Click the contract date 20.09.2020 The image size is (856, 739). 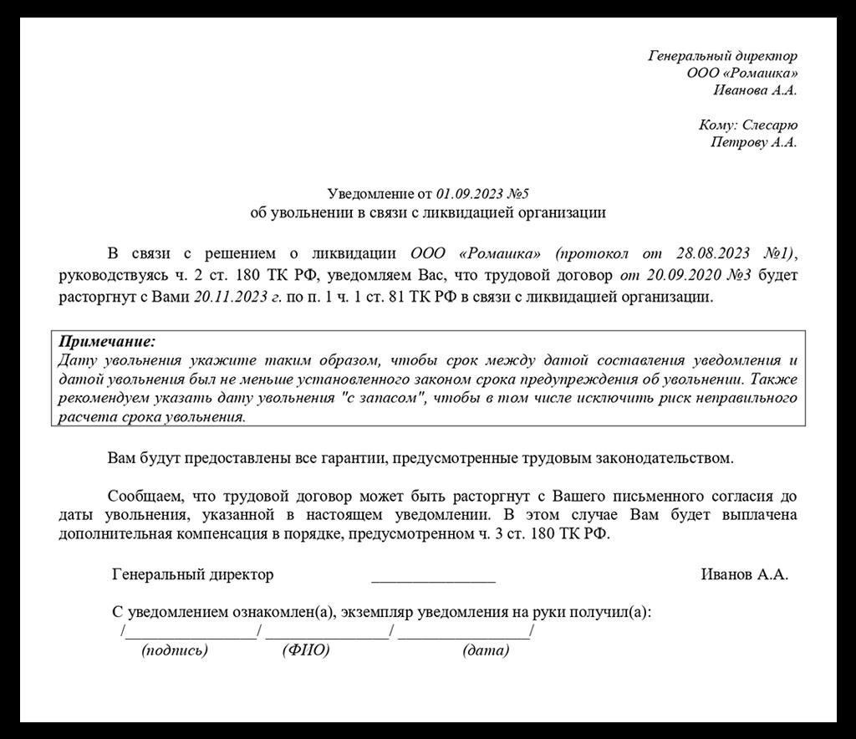point(683,275)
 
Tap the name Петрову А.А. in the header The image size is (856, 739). point(753,142)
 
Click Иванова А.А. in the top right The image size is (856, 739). point(755,89)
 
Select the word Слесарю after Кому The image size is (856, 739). point(770,125)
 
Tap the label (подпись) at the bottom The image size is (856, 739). point(175,650)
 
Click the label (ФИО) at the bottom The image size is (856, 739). point(306,650)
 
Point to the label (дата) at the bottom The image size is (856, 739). point(486,650)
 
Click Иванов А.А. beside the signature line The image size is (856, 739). point(744,575)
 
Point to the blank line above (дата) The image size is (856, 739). point(464,633)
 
